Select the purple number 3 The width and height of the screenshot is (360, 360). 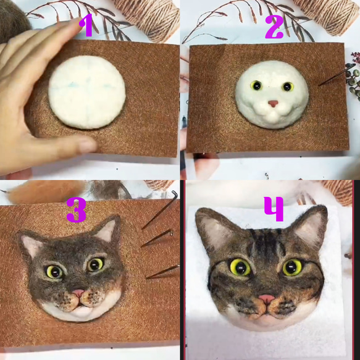76,209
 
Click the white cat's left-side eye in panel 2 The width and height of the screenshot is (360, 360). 254,85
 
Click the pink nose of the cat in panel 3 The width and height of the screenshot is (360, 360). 78,293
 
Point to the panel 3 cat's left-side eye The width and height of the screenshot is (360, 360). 55,271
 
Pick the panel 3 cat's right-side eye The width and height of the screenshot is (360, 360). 95,264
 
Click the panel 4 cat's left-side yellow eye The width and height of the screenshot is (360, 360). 239,267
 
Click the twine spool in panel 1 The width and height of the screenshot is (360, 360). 151,15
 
